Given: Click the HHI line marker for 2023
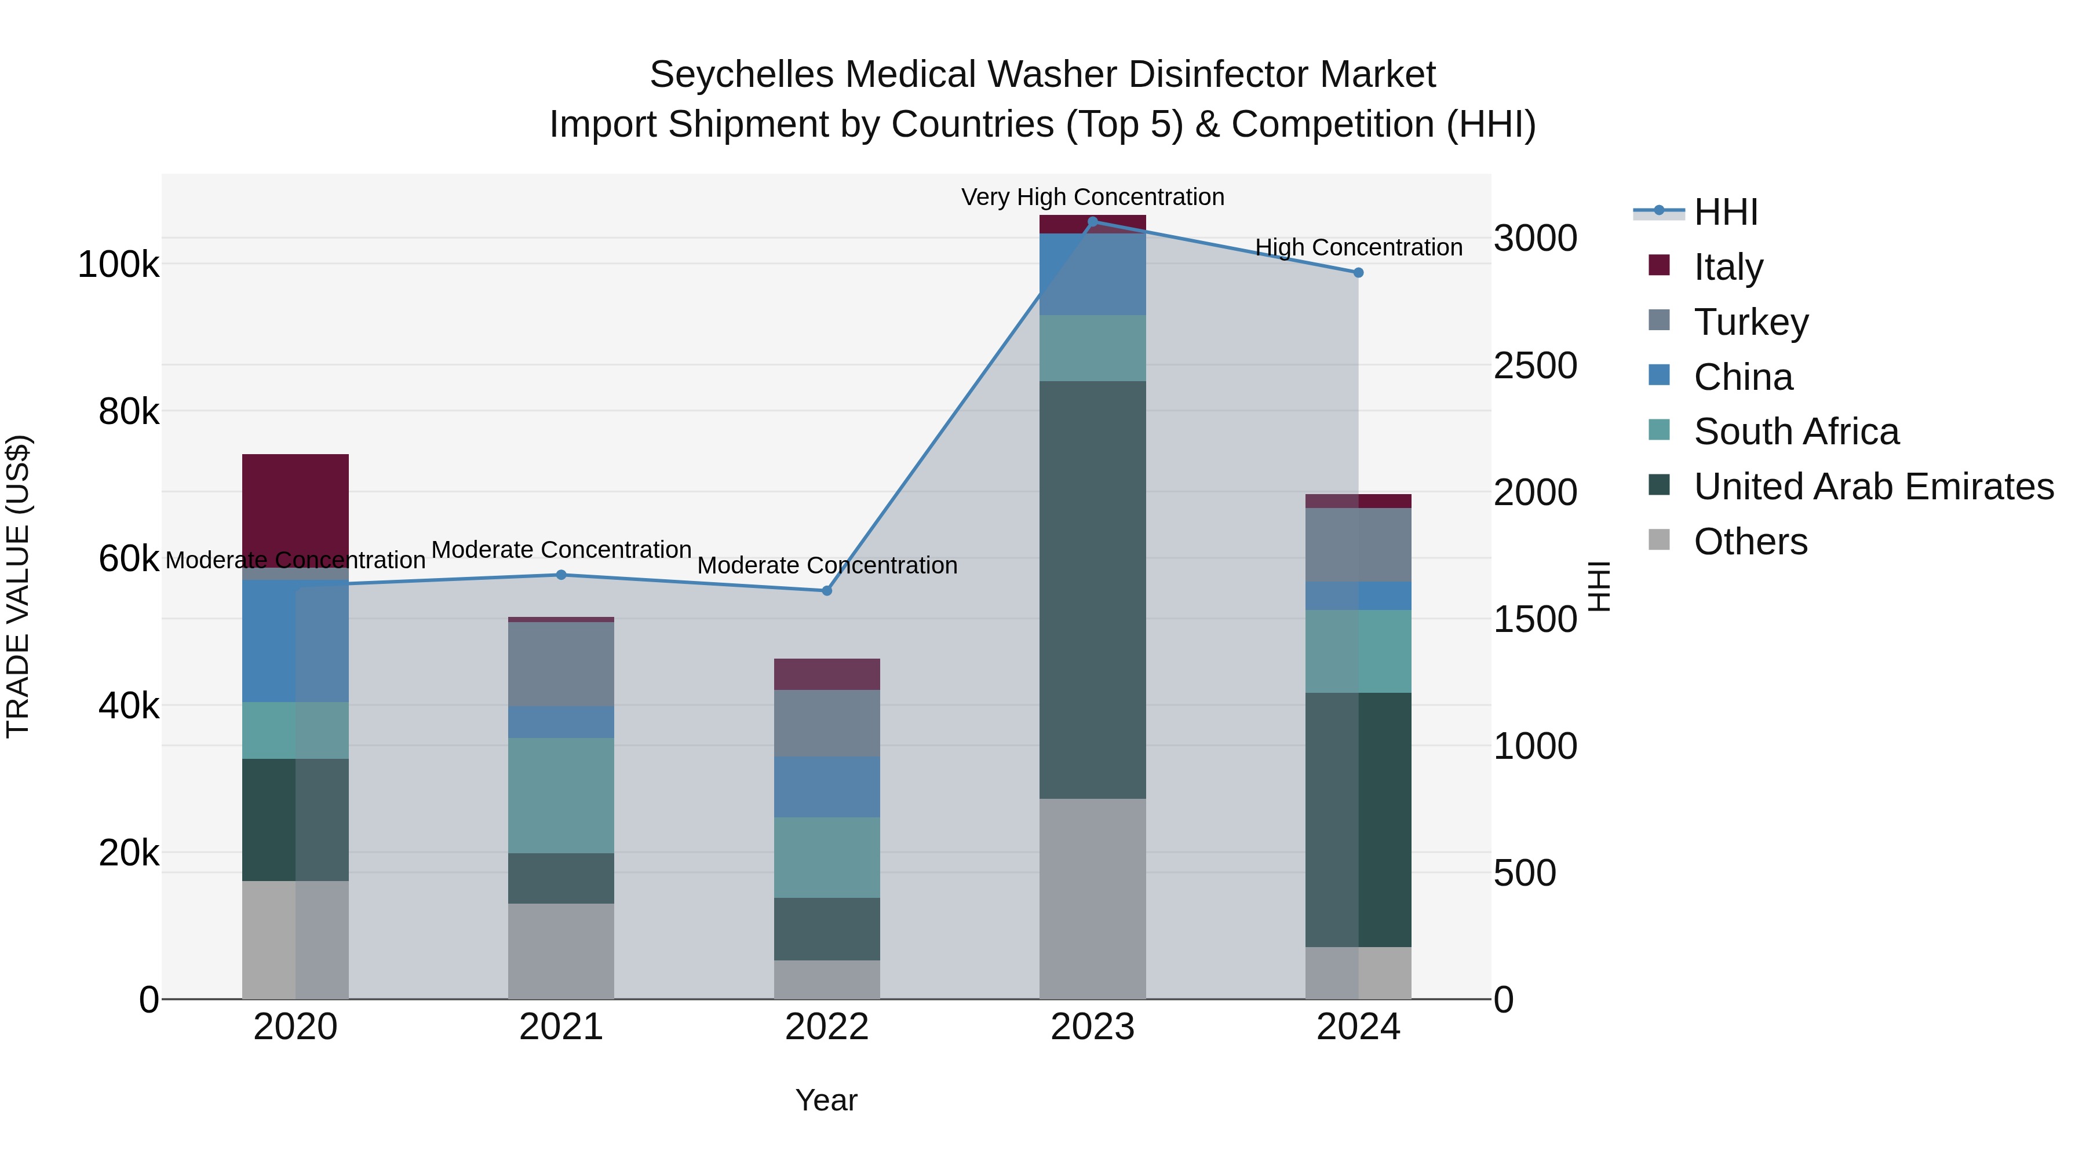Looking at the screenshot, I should pos(1092,222).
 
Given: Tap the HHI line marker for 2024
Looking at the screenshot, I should pos(1358,273).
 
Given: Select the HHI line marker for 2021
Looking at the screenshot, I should pos(561,575).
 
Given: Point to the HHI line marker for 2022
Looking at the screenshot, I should pos(827,591).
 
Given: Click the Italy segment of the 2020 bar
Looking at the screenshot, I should pos(296,510).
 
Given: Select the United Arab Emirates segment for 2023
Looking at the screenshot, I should pos(1092,589).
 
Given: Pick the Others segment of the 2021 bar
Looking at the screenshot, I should pos(561,951).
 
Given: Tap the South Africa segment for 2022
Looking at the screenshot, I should pos(827,857).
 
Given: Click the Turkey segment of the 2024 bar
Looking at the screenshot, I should pos(1358,545).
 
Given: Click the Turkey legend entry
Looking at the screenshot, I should pos(1751,322).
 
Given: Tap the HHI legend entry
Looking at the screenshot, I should pos(1725,212).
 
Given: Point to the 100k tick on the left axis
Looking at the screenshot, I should pos(118,265).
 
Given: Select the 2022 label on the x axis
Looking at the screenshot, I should pos(827,1027).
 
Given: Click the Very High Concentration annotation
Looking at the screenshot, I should pos(1092,197).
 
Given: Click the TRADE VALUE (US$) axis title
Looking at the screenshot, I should pos(18,586).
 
